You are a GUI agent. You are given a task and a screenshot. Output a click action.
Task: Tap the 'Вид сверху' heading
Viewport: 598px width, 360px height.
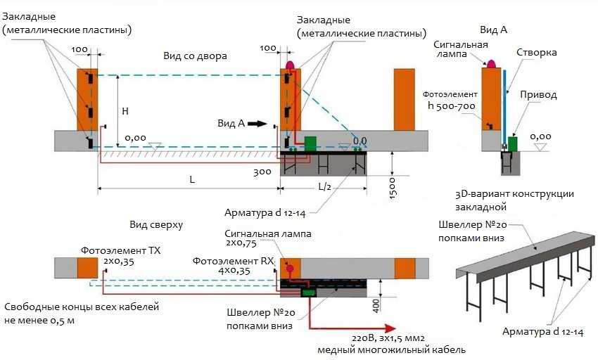(156, 225)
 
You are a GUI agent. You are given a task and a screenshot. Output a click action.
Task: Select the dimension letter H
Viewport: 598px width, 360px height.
(125, 111)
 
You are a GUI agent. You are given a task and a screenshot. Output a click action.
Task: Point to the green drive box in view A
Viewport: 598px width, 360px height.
(513, 143)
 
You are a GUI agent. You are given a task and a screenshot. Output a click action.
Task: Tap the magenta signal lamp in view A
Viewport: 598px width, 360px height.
(490, 63)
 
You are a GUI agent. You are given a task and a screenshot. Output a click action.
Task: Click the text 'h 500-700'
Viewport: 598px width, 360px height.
(452, 105)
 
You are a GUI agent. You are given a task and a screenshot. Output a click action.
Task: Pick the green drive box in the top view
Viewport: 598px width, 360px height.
(308, 292)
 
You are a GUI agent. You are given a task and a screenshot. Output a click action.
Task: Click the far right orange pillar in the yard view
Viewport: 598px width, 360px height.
(404, 99)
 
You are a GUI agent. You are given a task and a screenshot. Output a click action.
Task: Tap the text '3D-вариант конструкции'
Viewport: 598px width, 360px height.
(514, 194)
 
